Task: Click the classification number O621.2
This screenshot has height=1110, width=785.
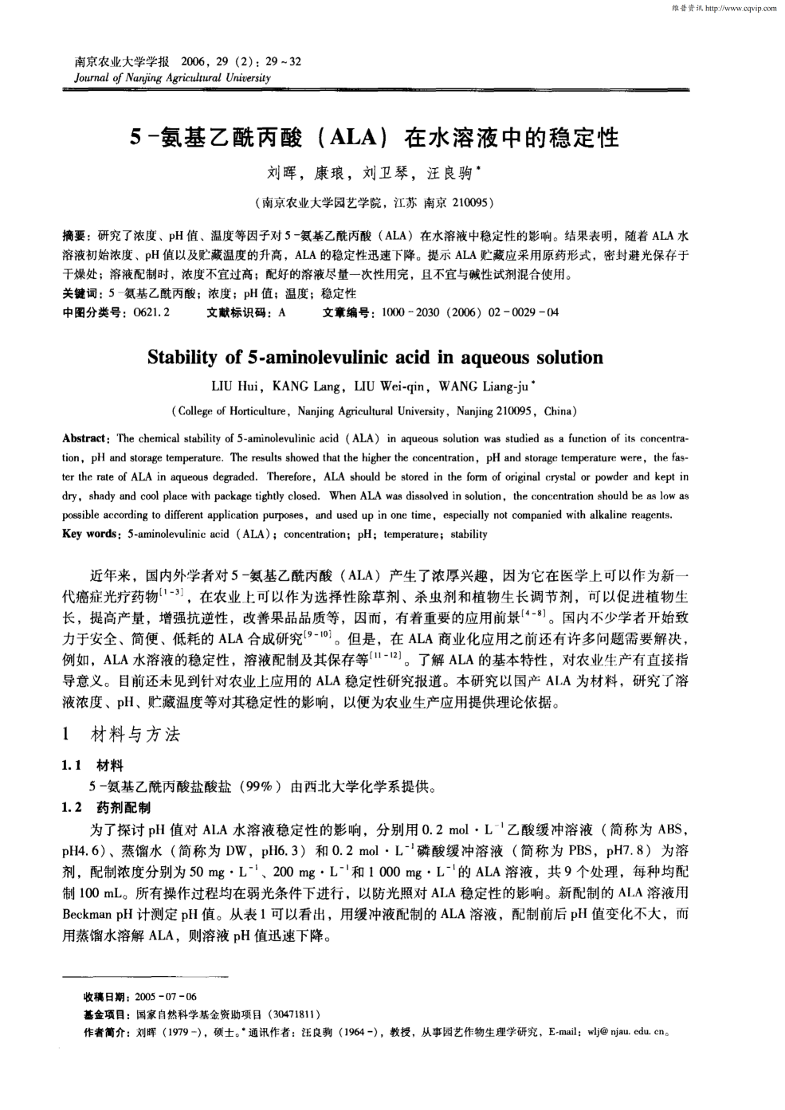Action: pyautogui.click(x=153, y=313)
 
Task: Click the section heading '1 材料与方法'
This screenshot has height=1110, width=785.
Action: pyautogui.click(x=122, y=735)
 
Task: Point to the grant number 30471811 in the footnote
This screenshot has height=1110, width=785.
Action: pyautogui.click(x=295, y=1015)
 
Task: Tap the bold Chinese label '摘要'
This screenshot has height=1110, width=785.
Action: pyautogui.click(x=74, y=237)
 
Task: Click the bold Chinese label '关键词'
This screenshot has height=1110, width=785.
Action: pyautogui.click(x=80, y=294)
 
